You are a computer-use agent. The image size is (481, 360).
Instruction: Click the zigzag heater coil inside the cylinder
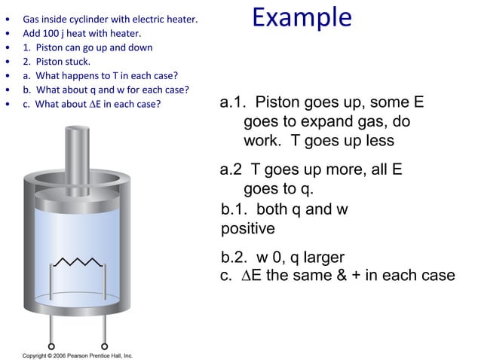coord(75,263)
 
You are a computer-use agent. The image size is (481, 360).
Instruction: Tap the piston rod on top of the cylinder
coord(75,151)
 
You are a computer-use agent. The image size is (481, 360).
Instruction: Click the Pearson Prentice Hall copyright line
coord(78,355)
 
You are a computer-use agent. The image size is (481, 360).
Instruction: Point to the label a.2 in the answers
coord(232,170)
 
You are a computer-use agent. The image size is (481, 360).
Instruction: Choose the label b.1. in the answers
coord(237,209)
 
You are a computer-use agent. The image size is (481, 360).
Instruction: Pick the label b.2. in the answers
coord(237,258)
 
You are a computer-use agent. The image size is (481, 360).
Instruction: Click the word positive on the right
coord(248,227)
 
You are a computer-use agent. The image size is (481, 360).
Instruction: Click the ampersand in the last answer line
coord(354,276)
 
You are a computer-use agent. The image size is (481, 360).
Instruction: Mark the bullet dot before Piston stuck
coord(8,62)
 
